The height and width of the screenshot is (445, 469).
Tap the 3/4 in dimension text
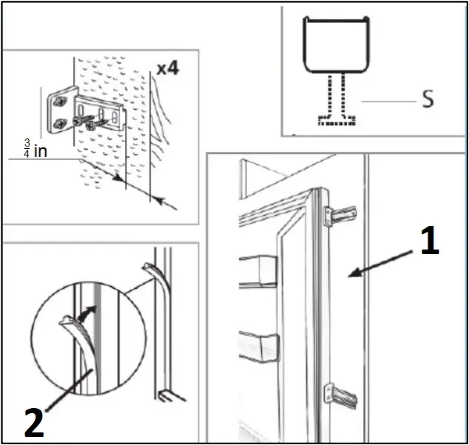[x=30, y=150]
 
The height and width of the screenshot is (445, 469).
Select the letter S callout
[x=427, y=100]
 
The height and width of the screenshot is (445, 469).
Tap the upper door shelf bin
[x=257, y=270]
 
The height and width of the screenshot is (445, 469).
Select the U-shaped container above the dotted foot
[x=337, y=46]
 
